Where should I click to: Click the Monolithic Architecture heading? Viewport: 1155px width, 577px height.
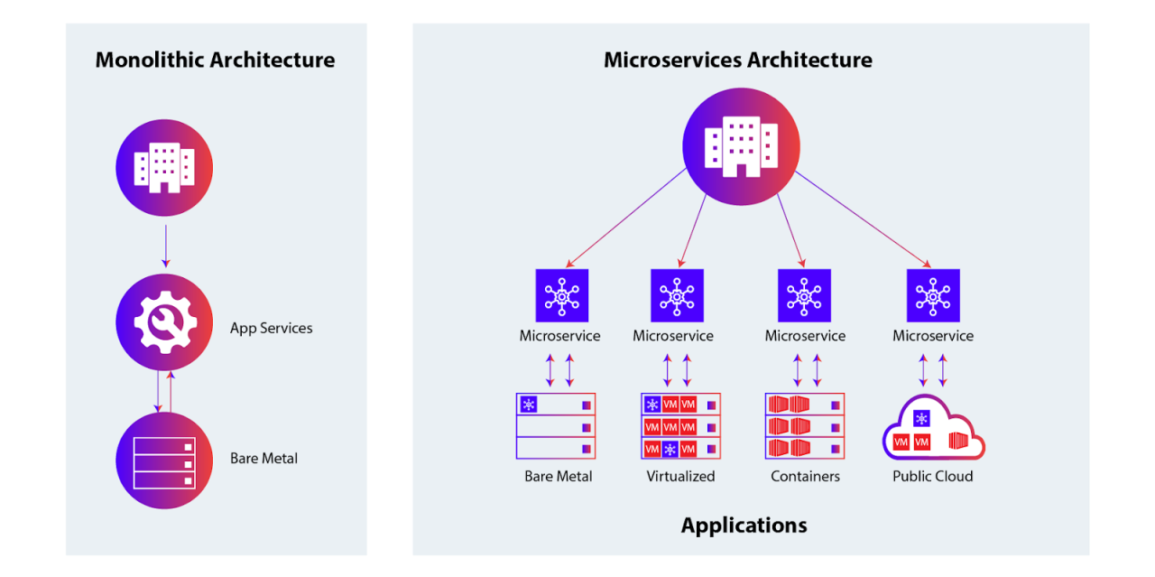(215, 60)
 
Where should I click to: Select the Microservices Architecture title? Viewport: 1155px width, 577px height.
(737, 60)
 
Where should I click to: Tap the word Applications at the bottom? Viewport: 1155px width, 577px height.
(744, 525)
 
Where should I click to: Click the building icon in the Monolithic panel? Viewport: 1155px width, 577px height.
(164, 168)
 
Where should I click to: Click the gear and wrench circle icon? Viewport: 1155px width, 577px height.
(164, 322)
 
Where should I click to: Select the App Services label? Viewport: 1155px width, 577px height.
(271, 328)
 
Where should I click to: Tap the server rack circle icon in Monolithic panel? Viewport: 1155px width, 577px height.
(164, 461)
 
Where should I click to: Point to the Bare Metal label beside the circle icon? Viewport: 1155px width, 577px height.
(263, 458)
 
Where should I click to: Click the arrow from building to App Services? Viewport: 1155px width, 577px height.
(164, 246)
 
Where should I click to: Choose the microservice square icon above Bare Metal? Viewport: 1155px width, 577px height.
(561, 295)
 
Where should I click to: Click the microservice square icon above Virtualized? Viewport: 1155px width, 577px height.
(677, 295)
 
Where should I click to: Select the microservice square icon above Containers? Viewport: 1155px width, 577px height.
(804, 295)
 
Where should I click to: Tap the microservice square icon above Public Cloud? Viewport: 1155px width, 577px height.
(933, 295)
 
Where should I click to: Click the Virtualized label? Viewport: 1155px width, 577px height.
(680, 476)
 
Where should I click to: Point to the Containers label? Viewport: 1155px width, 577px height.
(805, 476)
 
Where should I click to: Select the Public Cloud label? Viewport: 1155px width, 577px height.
(933, 476)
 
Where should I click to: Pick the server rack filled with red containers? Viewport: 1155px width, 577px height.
(804, 425)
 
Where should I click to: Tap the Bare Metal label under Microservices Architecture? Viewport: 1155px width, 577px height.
(558, 476)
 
